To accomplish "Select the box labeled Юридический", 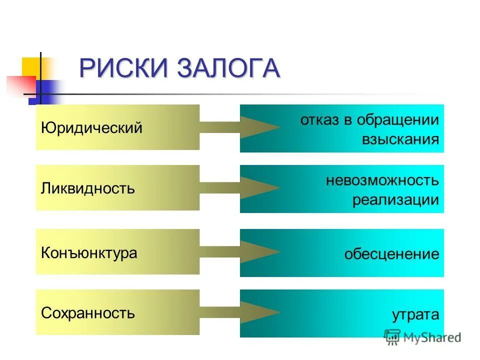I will pos(117,127).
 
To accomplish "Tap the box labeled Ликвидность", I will pos(117,188).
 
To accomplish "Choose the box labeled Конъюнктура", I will pos(117,252).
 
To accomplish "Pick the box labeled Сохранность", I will pos(117,312).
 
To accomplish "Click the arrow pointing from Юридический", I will pos(240,127).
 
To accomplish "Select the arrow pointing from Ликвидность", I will pos(240,188).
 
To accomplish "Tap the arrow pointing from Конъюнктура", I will pos(240,251).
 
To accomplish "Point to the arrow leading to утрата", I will pos(240,312).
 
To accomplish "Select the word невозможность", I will pos(382,180).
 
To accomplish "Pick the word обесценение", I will pos(391,254).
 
